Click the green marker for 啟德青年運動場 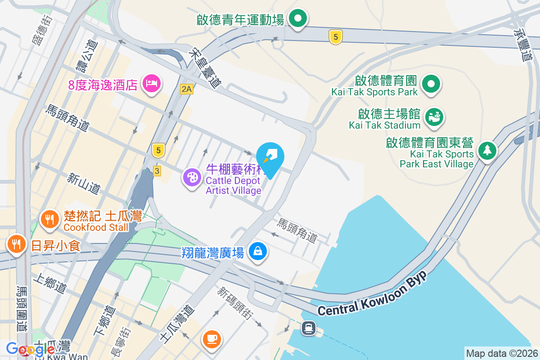click(x=297, y=19)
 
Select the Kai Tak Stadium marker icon click(x=434, y=116)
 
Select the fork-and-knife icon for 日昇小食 click(x=17, y=244)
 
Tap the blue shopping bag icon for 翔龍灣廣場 click(x=258, y=251)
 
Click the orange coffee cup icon click(x=212, y=337)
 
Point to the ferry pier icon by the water click(x=309, y=328)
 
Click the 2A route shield click(x=186, y=89)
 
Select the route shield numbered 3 click(x=157, y=171)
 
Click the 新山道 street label click(x=84, y=184)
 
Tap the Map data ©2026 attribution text click(x=502, y=353)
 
